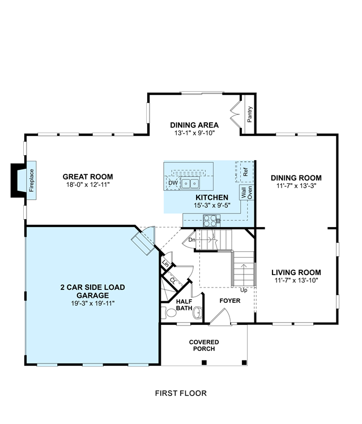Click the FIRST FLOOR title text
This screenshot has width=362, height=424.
pos(181,393)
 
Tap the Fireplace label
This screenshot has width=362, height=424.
pos(32,181)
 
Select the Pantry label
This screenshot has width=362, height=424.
pos(249,114)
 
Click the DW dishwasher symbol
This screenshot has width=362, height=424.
pos(173,183)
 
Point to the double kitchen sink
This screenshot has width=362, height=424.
pos(190,183)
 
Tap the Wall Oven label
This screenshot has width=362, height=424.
pos(246,192)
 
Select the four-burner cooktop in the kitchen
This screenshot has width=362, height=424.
pos(211,221)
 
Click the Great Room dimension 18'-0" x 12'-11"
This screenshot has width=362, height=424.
pos(88,185)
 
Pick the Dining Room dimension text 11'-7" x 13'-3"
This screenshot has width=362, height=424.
pos(296,186)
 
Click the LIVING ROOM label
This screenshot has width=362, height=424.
pos(296,272)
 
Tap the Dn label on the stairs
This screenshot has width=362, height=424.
pos(191,240)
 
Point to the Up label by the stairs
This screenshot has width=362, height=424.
pos(244,290)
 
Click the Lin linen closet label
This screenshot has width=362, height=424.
pos(165,263)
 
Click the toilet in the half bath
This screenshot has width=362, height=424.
pos(169,313)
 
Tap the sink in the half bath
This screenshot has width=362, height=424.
pos(198,313)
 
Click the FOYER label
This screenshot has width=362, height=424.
pos(230,301)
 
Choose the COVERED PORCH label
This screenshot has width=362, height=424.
pos(204,345)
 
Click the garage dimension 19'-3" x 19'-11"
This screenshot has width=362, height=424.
pos(93,303)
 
